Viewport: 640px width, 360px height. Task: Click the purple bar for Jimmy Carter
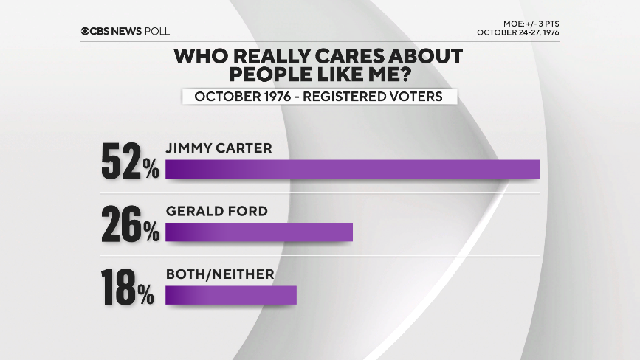[352, 169]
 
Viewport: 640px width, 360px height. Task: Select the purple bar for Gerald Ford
[259, 232]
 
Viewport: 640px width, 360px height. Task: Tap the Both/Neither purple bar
[230, 295]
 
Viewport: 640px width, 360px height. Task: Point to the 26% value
[130, 224]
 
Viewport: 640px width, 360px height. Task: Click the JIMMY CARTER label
[219, 148]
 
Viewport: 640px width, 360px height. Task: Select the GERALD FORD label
[216, 212]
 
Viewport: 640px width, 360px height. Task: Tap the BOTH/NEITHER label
[220, 274]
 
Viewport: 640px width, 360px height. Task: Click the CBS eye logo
[86, 30]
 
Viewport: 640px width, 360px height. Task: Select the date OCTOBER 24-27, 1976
[517, 32]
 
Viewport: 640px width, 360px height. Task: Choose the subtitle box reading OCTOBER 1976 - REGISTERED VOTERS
[319, 97]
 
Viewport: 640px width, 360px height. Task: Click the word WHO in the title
[199, 56]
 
